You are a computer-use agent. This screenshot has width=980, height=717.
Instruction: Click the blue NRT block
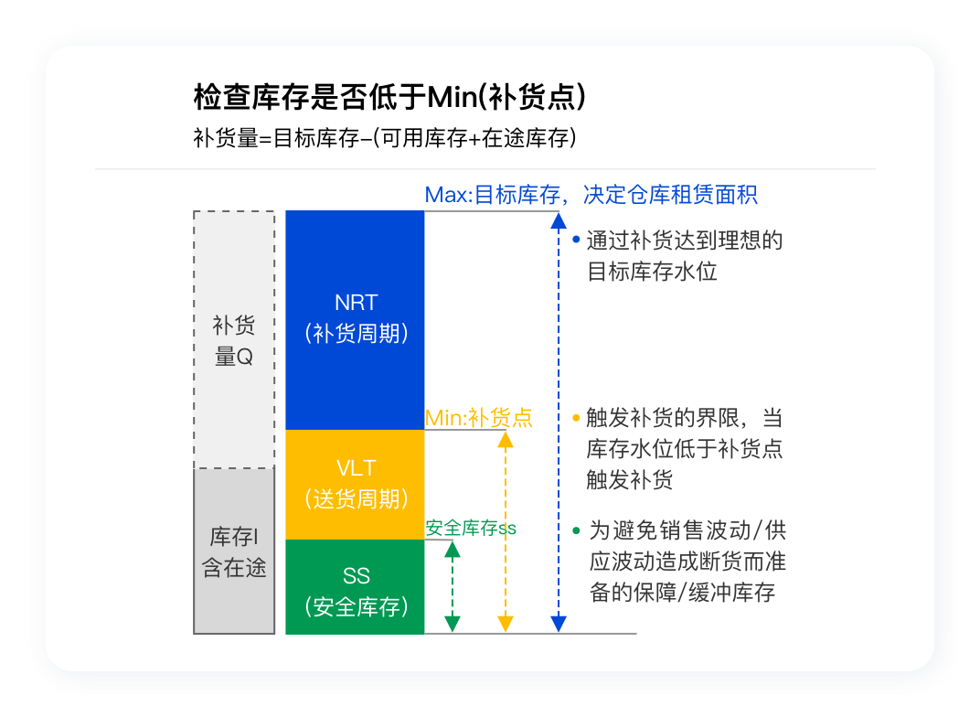click(355, 320)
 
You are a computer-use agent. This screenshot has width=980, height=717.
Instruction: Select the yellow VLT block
click(355, 485)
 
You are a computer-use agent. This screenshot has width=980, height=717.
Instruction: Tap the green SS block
click(355, 587)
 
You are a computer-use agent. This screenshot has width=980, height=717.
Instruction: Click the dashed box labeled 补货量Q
click(234, 339)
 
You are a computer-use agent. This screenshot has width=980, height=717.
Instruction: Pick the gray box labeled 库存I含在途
click(234, 551)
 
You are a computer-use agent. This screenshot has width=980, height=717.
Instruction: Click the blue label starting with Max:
click(591, 195)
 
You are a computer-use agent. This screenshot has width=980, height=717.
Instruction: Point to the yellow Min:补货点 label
click(478, 417)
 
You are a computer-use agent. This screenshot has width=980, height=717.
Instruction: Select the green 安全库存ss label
click(471, 529)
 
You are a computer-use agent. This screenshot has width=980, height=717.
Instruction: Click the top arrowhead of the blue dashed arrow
click(559, 221)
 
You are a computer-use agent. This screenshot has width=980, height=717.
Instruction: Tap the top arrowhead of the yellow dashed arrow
click(506, 440)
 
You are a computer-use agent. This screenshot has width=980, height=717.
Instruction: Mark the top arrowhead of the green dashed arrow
click(453, 550)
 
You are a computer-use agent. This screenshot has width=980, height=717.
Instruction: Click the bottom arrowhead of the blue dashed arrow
click(559, 624)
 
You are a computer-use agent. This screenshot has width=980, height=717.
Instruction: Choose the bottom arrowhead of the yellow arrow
click(506, 624)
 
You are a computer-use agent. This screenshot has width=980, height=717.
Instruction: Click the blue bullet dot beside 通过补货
click(576, 240)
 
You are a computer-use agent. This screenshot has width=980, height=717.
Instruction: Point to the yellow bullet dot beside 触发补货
click(576, 418)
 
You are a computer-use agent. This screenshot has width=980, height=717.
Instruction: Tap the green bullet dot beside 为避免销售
click(576, 530)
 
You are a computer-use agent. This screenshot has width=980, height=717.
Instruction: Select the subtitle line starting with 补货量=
click(385, 137)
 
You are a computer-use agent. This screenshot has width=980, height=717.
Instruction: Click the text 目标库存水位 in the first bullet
click(652, 272)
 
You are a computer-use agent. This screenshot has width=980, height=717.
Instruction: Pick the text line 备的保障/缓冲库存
click(683, 592)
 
